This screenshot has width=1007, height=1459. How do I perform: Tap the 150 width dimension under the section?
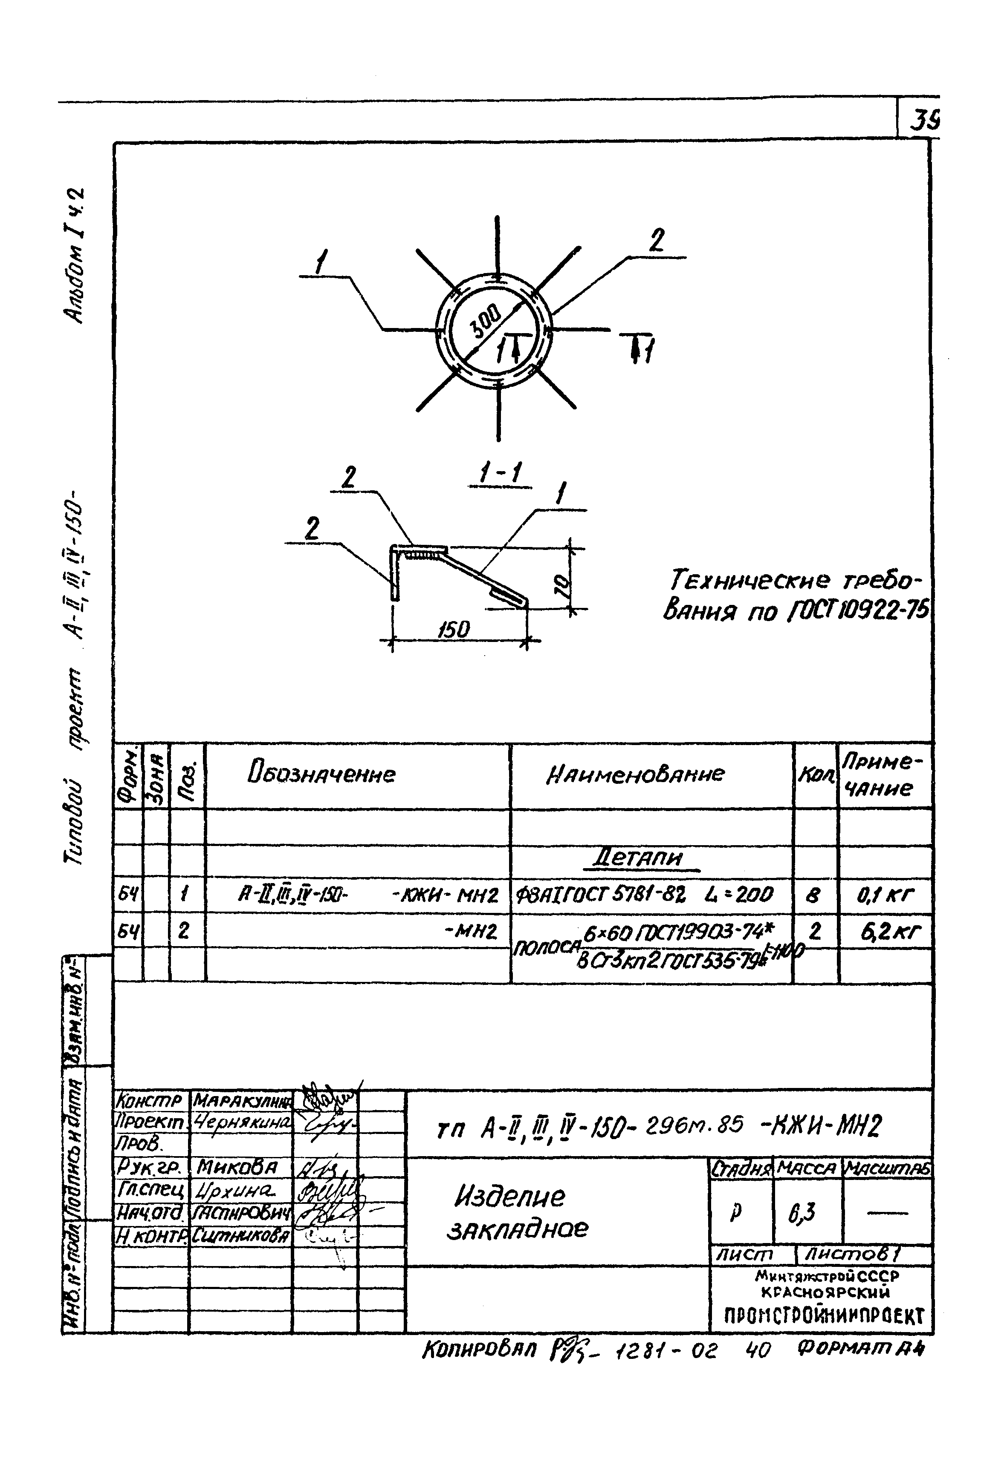tap(454, 629)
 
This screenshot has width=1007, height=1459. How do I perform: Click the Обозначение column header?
tap(322, 774)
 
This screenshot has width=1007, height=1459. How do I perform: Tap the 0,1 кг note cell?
tap(885, 894)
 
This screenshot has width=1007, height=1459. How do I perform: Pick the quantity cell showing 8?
tap(814, 895)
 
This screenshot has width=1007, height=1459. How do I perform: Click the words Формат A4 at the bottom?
tap(861, 1349)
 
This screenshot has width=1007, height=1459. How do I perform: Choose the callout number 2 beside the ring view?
tap(657, 240)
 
